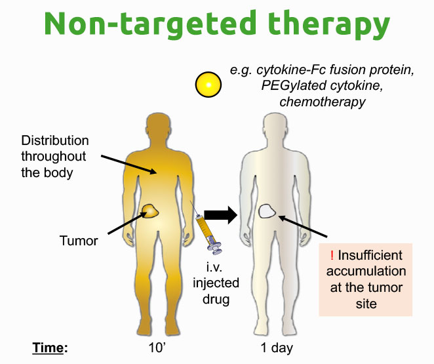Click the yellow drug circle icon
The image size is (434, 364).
click(208, 85)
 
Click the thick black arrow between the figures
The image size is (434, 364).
click(220, 215)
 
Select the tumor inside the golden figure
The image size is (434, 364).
click(150, 211)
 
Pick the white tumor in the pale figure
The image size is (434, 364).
click(267, 211)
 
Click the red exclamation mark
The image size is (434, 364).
click(332, 255)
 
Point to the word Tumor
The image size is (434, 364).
click(79, 241)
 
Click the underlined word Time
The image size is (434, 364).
click(48, 348)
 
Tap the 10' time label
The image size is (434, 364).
click(157, 348)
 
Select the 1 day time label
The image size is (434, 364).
click(277, 348)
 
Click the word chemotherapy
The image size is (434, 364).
click(323, 102)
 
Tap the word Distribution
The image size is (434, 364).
click(55, 140)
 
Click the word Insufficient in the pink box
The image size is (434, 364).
click(370, 255)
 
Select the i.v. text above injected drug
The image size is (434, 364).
click(214, 268)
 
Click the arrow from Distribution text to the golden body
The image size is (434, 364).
click(128, 165)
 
